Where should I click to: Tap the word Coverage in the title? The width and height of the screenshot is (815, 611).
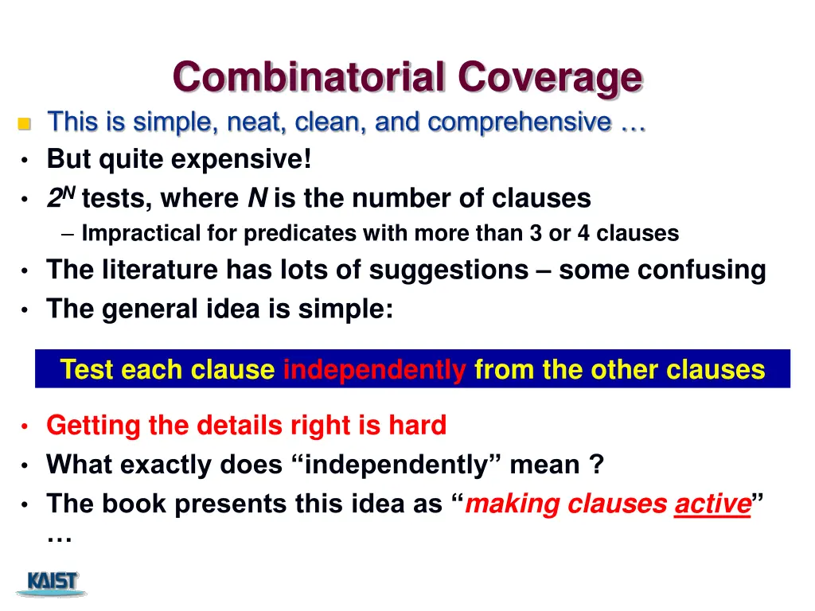coord(549,78)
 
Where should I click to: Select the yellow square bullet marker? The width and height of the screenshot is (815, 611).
coord(24,124)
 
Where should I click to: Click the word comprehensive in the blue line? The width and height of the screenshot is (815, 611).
coord(520,123)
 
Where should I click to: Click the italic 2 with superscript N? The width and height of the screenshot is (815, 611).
coord(60,197)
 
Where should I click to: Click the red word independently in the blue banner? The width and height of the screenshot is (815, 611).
coord(375,370)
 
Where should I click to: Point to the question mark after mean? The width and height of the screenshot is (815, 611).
coord(596,465)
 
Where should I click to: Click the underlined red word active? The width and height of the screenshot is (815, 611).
coord(712,504)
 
